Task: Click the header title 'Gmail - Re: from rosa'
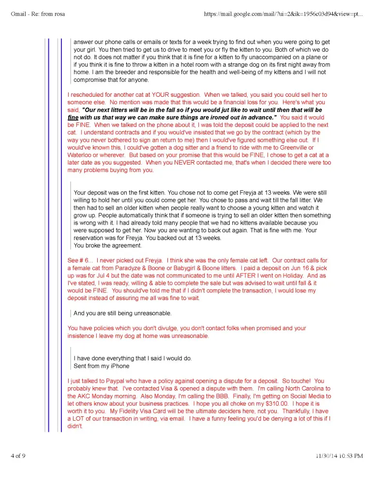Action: [38, 14]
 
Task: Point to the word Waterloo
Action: [81, 155]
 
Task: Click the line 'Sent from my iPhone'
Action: [101, 366]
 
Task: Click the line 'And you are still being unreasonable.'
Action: [122, 313]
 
